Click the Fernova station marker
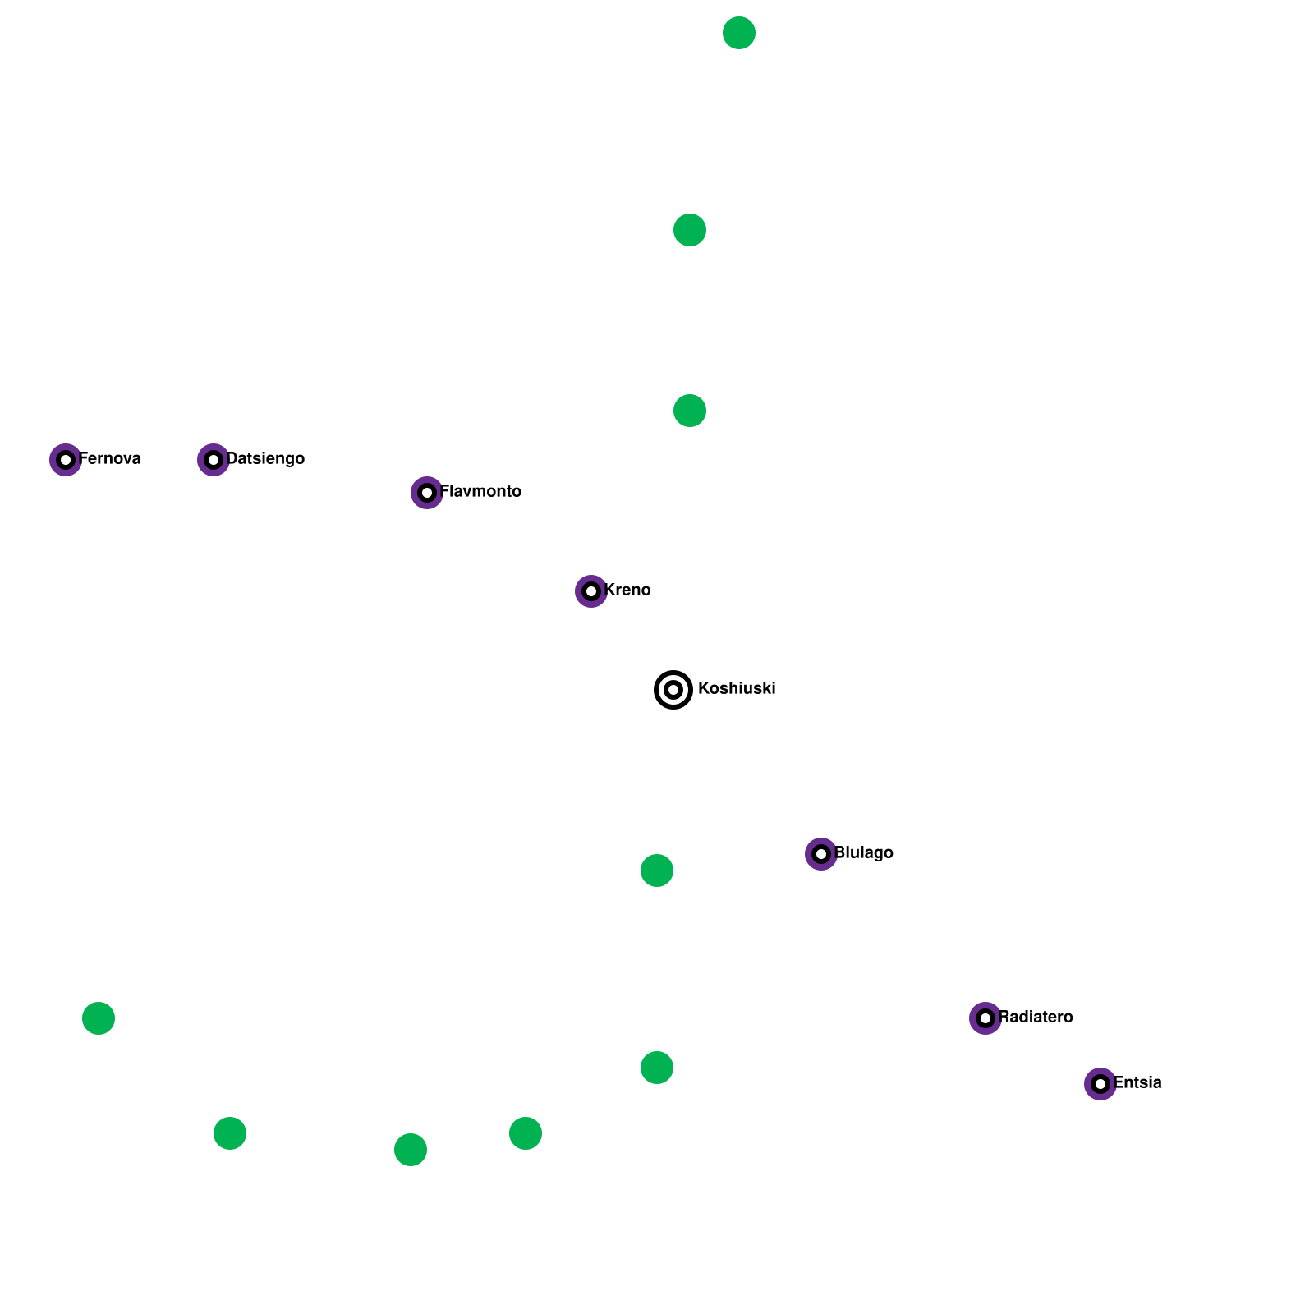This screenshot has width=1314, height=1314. click(66, 460)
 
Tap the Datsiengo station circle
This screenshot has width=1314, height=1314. click(214, 460)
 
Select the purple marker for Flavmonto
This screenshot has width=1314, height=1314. click(427, 493)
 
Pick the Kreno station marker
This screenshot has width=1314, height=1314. click(591, 591)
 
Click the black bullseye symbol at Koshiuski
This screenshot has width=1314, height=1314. click(673, 690)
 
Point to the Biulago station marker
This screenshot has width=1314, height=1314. click(821, 854)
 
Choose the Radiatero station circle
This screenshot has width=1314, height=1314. click(985, 1018)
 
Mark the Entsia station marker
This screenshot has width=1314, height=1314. click(1100, 1084)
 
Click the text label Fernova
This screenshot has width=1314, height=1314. click(110, 458)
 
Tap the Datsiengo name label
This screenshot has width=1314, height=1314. click(265, 458)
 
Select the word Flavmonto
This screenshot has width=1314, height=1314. click(481, 491)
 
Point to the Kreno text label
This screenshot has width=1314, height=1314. click(627, 590)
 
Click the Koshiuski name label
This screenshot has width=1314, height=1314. click(737, 688)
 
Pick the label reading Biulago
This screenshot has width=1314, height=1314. click(864, 852)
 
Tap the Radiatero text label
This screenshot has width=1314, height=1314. click(1036, 1017)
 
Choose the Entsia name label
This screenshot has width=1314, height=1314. click(1138, 1082)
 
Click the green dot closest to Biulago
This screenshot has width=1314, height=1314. click(657, 871)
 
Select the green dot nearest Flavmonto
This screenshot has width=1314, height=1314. click(690, 411)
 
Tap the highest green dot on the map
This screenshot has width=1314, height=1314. click(739, 33)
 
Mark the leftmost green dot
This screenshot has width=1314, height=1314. click(99, 1018)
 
